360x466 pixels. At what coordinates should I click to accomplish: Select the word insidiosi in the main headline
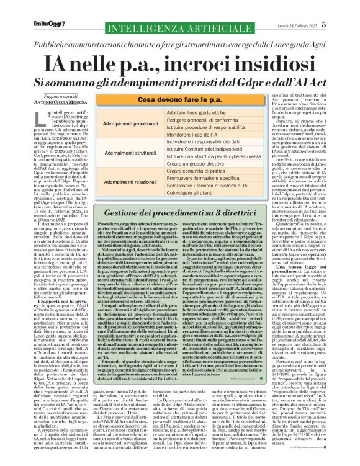coord(253,60)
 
